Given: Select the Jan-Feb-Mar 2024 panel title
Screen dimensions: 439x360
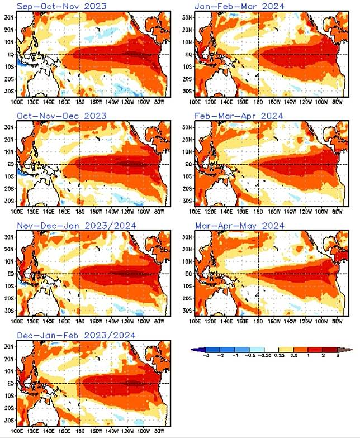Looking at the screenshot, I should pyautogui.click(x=239, y=6).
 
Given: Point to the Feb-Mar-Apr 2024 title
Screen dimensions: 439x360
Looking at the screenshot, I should pyautogui.click(x=239, y=116).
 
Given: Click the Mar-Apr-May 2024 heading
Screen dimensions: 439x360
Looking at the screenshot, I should pyautogui.click(x=239, y=226).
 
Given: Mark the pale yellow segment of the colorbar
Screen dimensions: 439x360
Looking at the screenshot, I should pyautogui.click(x=274, y=350).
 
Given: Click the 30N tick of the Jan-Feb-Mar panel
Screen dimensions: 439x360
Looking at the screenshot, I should pyautogui.click(x=188, y=17).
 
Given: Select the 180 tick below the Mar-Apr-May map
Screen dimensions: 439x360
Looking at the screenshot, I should pyautogui.click(x=258, y=322).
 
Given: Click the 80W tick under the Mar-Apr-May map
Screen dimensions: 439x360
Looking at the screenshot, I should pyautogui.click(x=337, y=322).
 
